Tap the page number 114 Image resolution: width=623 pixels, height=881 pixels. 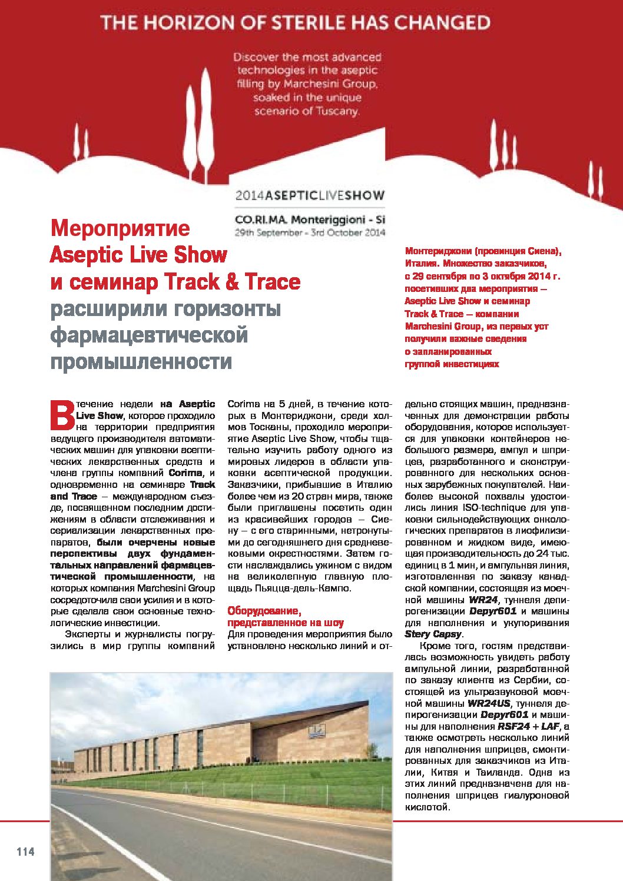coord(25,852)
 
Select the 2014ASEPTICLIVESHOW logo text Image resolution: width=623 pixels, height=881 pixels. coord(310,195)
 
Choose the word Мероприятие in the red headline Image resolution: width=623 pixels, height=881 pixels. coord(120,228)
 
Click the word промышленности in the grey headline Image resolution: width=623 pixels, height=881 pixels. coord(141,361)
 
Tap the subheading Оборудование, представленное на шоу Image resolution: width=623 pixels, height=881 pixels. coord(286,617)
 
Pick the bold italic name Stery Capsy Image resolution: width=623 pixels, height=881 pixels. coord(433,634)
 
